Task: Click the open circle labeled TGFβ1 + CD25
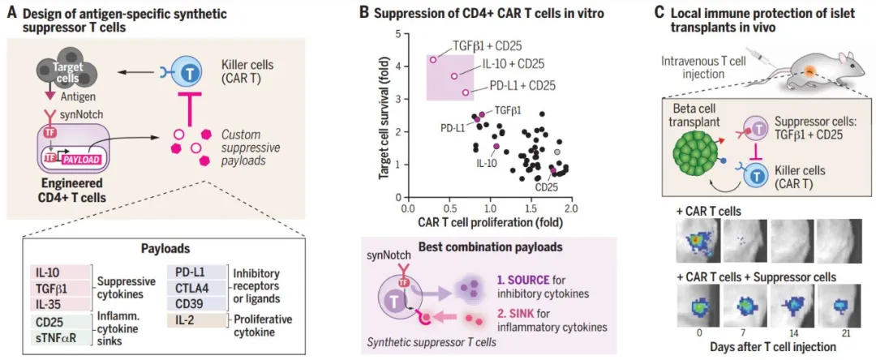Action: point(432,59)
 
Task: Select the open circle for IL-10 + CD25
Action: point(454,76)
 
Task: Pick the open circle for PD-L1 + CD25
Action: point(466,92)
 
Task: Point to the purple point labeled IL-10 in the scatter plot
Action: point(496,146)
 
